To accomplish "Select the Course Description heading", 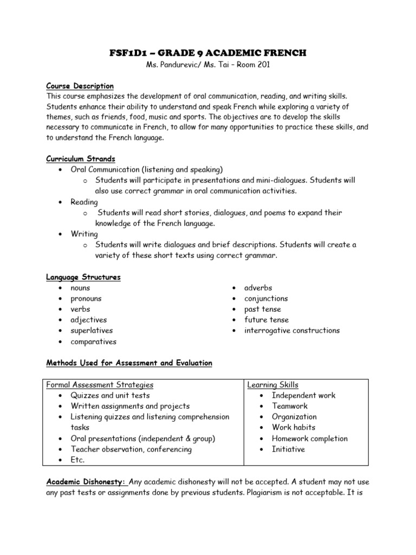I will tap(80, 86).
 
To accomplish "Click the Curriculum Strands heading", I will tap(81, 159).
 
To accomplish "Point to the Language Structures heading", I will tap(83, 277).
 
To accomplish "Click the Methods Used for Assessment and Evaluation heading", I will tap(129, 363).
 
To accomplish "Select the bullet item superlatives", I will tap(91, 330).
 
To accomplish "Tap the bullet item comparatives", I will tap(93, 341).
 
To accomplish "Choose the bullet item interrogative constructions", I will tap(292, 330).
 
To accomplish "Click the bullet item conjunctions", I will tap(266, 298).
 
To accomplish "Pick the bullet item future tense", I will tap(266, 320).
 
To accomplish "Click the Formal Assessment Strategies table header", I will tap(100, 385).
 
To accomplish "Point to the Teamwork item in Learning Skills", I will tap(290, 406).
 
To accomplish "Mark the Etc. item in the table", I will tap(78, 460).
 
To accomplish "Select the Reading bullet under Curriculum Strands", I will tap(84, 202).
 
